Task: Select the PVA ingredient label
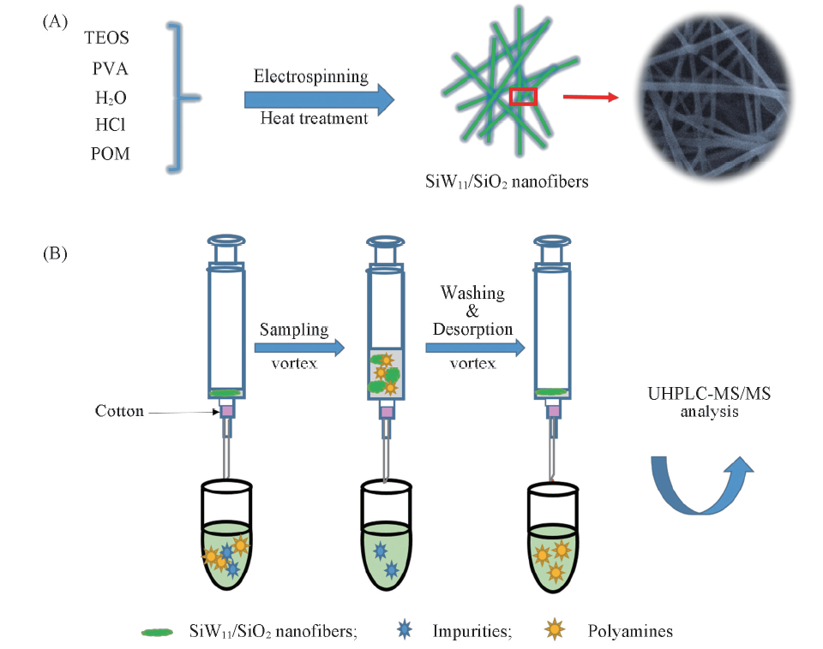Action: (110, 68)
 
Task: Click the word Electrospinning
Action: (310, 76)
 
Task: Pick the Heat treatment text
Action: (314, 117)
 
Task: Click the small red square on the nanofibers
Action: (523, 97)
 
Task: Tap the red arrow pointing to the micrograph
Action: (591, 97)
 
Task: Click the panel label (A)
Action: (54, 23)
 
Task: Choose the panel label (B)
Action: (54, 253)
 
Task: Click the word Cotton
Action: (120, 412)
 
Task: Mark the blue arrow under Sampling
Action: (299, 348)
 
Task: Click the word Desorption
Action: (472, 329)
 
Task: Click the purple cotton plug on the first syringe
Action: (227, 412)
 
